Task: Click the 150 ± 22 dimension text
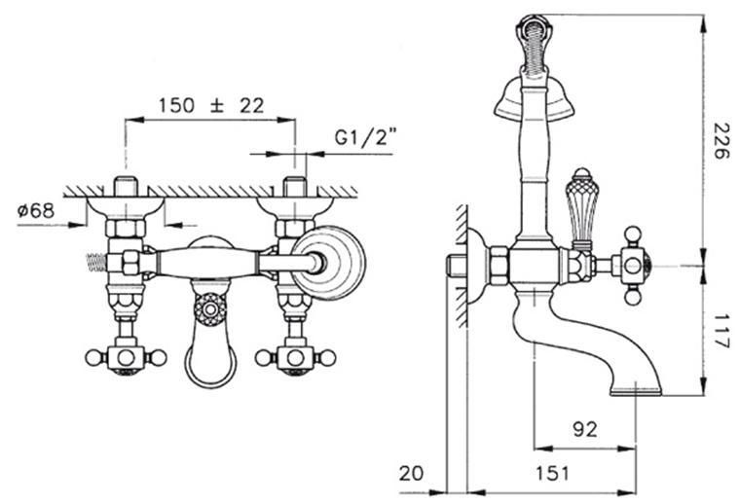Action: [x=210, y=105]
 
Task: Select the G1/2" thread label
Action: [x=365, y=137]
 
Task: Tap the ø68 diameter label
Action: [x=36, y=210]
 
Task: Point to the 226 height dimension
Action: [x=721, y=140]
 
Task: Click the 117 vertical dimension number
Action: [x=721, y=332]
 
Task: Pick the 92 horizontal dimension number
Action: [x=584, y=429]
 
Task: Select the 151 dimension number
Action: [x=552, y=473]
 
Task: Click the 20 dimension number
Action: [x=412, y=473]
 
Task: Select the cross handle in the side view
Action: [x=633, y=266]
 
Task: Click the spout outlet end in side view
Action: [x=636, y=391]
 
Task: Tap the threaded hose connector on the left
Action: [x=95, y=263]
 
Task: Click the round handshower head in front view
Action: [x=328, y=263]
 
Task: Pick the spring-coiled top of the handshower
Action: [x=534, y=43]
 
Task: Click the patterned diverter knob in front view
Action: [x=210, y=309]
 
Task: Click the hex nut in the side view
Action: [x=499, y=266]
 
